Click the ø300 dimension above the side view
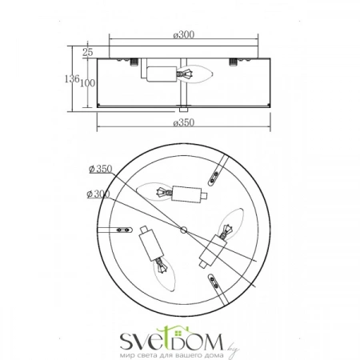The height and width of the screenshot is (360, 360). click(184, 34)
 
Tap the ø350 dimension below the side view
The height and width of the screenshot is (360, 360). click(184, 122)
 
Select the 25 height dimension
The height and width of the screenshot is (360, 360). click(87, 52)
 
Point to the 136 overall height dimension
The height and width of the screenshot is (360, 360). click(72, 78)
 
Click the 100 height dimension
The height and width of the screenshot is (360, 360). click(87, 83)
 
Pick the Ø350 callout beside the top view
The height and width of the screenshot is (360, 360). click(101, 169)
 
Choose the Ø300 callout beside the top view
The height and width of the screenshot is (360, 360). click(98, 194)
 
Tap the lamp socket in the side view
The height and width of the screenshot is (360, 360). click(162, 74)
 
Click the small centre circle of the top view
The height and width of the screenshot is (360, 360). click(183, 230)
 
